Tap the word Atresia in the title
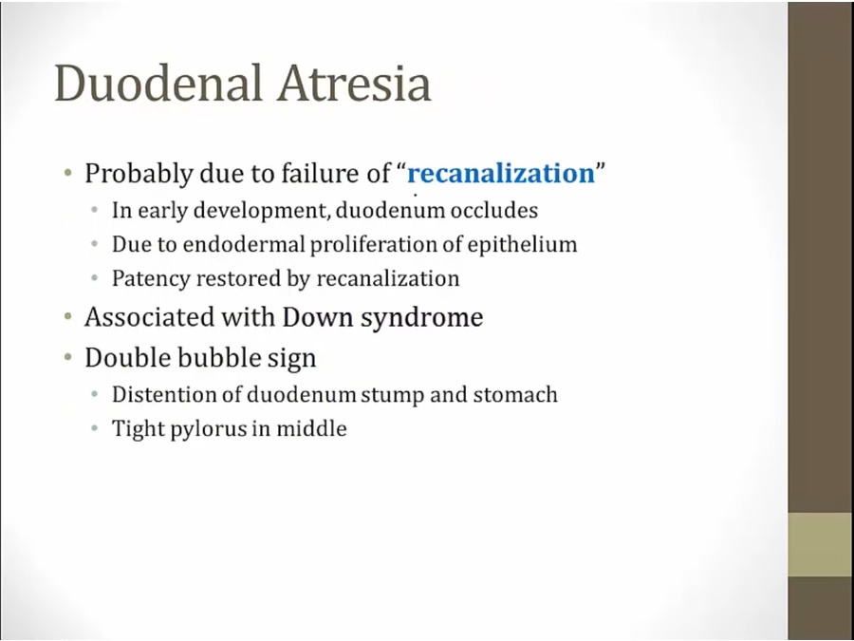pyautogui.click(x=354, y=83)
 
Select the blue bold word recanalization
pyautogui.click(x=501, y=174)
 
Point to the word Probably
pyautogui.click(x=139, y=175)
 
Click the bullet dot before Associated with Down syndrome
pyautogui.click(x=67, y=316)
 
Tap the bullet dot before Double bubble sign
pyautogui.click(x=67, y=357)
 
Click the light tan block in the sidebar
pyautogui.click(x=821, y=544)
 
